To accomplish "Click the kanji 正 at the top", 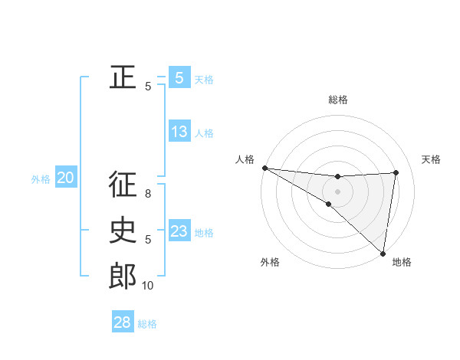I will pyautogui.click(x=123, y=77).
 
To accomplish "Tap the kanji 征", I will pyautogui.click(x=123, y=185).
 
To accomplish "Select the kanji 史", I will pyautogui.click(x=123, y=231).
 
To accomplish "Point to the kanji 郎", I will pyautogui.click(x=123, y=277).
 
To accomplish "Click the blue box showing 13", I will pyautogui.click(x=179, y=131).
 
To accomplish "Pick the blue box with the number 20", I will pyautogui.click(x=65, y=178).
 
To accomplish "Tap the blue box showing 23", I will pyautogui.click(x=179, y=231).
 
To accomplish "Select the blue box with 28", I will pyautogui.click(x=123, y=322).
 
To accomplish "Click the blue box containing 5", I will pyautogui.click(x=179, y=77).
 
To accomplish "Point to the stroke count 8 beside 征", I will pyautogui.click(x=148, y=194).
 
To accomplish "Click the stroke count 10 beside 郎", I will pyautogui.click(x=148, y=286).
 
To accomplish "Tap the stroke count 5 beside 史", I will pyautogui.click(x=148, y=240).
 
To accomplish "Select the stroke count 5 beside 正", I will pyautogui.click(x=148, y=87).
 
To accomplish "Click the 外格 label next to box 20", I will pyautogui.click(x=41, y=179).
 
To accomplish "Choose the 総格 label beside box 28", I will pyautogui.click(x=147, y=324).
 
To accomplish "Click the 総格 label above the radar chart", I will pyautogui.click(x=337, y=100).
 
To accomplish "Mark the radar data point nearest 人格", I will pyautogui.click(x=264, y=168).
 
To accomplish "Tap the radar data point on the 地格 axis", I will pyautogui.click(x=382, y=253).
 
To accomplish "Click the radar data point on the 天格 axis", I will pyautogui.click(x=396, y=172).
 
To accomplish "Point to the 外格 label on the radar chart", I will pyautogui.click(x=270, y=262).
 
